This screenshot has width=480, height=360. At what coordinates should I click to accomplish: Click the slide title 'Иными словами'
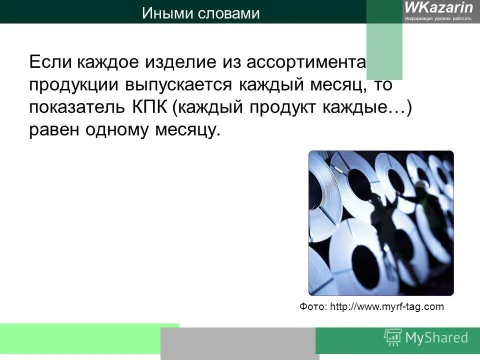click(200, 13)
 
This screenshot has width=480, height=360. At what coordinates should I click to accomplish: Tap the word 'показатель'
click(82, 107)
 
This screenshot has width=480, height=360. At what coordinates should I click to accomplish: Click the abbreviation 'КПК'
click(151, 107)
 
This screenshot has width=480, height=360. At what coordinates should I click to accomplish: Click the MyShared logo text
click(436, 337)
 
